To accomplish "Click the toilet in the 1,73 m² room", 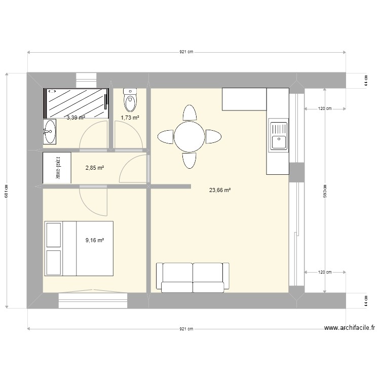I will click(130, 100).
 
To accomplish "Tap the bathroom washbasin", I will click(50, 132).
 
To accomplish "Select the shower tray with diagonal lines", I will click(77, 102).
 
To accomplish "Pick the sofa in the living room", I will click(193, 278).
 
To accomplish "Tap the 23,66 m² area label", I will click(220, 191).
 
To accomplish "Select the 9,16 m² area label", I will click(95, 240).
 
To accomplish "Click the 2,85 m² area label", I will click(95, 168).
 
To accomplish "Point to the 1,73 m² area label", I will click(130, 118).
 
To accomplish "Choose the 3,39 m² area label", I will click(75, 118).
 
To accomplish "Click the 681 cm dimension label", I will click(6, 191).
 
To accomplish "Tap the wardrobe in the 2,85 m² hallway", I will click(57, 168).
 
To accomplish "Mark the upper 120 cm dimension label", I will click(325, 108).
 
